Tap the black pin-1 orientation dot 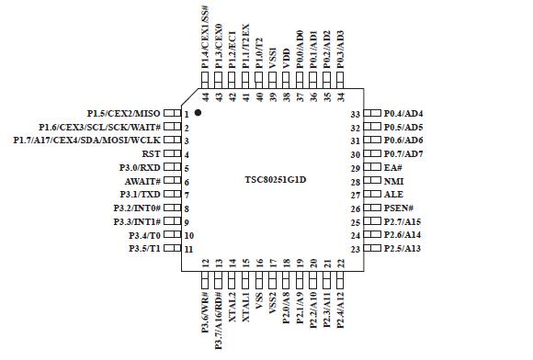pyautogui.click(x=198, y=112)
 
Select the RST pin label pyautogui.click(x=152, y=154)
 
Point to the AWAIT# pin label pyautogui.click(x=143, y=181)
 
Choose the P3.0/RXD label pyautogui.click(x=141, y=168)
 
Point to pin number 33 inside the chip pyautogui.click(x=354, y=113)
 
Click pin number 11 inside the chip pyautogui.click(x=188, y=250)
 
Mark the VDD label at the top pyautogui.click(x=286, y=61)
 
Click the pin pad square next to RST pyautogui.click(x=172, y=154)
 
